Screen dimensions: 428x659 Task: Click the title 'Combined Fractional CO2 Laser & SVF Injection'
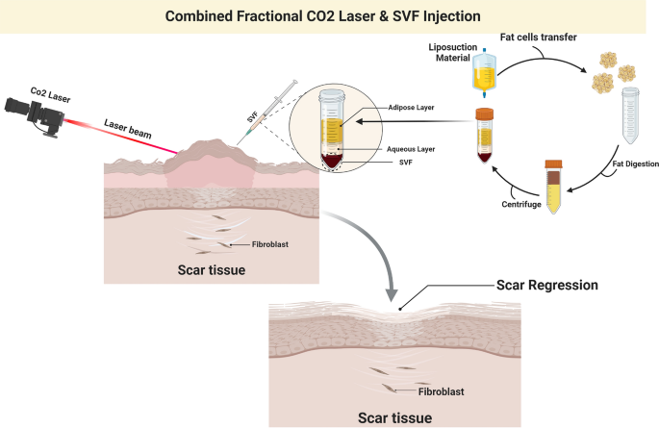click(329, 15)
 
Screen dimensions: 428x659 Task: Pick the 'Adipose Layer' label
click(411, 108)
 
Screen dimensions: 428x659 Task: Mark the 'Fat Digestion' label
click(632, 164)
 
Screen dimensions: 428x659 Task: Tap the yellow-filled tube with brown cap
click(554, 185)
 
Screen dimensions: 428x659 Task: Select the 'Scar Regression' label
click(546, 285)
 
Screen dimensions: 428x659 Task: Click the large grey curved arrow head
click(392, 286)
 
